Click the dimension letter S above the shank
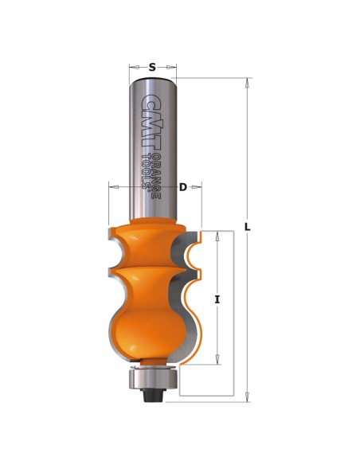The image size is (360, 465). click(152, 68)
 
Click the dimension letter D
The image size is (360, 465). click(183, 187)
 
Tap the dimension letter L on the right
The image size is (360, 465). click(248, 227)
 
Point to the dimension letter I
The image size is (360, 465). click(217, 300)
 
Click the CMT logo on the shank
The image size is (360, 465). click(151, 121)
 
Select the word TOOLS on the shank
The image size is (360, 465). click(146, 171)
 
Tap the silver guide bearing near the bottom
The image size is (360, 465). click(153, 379)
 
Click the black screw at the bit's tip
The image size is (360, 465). click(152, 395)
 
